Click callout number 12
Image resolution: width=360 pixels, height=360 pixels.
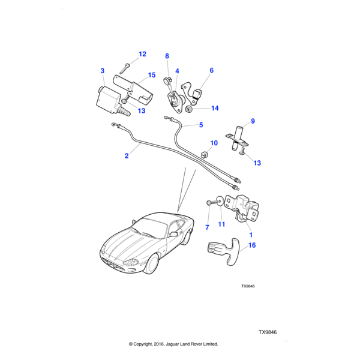pyautogui.click(x=142, y=55)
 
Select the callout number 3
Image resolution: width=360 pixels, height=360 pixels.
pyautogui.click(x=103, y=71)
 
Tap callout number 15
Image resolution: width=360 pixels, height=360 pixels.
pyautogui.click(x=152, y=75)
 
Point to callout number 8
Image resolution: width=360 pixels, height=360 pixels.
pyautogui.click(x=167, y=56)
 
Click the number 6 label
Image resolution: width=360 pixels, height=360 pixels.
pyautogui.click(x=211, y=70)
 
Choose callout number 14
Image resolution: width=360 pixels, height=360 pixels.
pyautogui.click(x=215, y=109)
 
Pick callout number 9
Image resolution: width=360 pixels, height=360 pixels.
pyautogui.click(x=253, y=121)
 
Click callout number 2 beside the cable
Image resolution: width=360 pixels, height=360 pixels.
pyautogui.click(x=127, y=156)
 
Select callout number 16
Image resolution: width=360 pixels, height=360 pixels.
pyautogui.click(x=252, y=245)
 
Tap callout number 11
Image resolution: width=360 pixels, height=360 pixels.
pyautogui.click(x=221, y=224)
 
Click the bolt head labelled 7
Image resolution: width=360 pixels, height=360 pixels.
pyautogui.click(x=208, y=203)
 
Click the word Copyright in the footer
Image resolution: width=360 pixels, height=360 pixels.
pyautogui.click(x=153, y=344)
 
